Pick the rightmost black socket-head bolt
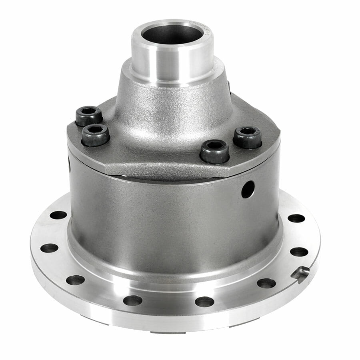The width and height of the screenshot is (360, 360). click(x=247, y=137)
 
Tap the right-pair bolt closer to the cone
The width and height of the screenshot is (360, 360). click(x=214, y=150)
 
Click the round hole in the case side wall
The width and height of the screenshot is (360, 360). click(x=248, y=189)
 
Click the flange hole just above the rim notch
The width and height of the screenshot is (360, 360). click(x=299, y=252)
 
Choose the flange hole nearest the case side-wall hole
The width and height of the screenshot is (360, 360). click(x=296, y=218)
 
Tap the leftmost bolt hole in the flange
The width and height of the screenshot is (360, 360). click(x=49, y=248)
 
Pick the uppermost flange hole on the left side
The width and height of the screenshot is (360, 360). click(x=58, y=215)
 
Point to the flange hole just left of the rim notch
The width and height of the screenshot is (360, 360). click(x=266, y=283)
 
